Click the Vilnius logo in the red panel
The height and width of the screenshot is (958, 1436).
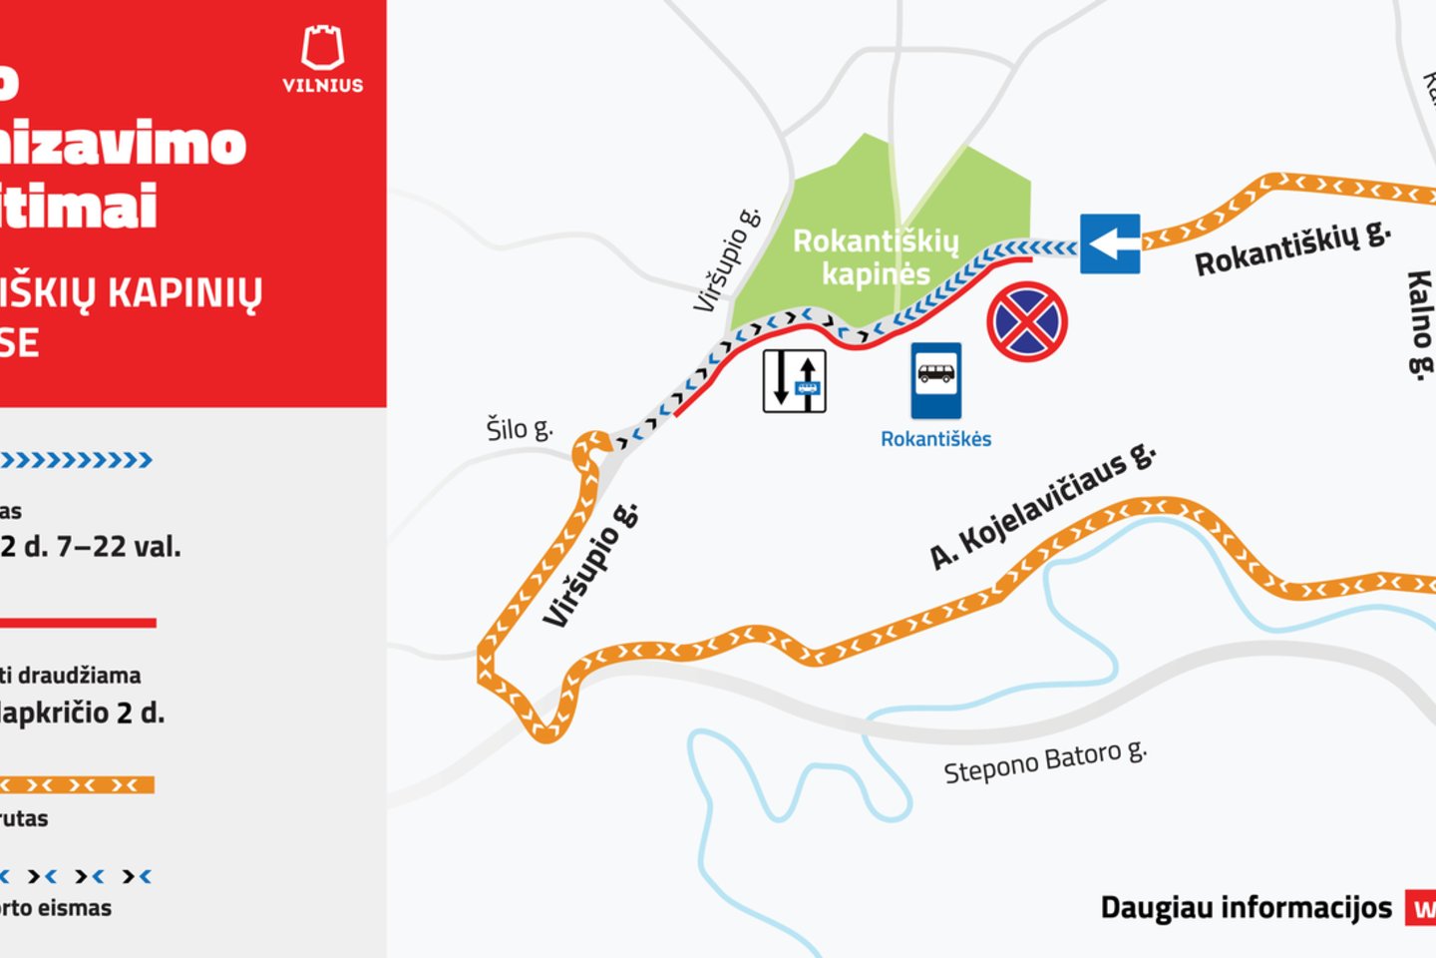(x=322, y=59)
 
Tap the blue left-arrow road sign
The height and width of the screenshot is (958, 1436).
(x=1110, y=243)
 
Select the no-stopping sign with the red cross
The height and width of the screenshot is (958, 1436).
(x=1027, y=322)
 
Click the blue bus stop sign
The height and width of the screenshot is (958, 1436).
(x=935, y=380)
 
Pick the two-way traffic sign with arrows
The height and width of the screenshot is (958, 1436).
(x=795, y=380)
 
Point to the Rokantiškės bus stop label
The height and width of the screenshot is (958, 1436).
(x=935, y=439)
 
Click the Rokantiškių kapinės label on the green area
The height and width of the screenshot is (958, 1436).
(x=876, y=257)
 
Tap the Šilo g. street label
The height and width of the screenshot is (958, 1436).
(x=519, y=429)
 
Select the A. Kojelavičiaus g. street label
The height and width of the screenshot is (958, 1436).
(x=1042, y=506)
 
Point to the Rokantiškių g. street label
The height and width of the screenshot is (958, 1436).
(x=1292, y=248)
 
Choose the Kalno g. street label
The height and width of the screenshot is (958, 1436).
(x=1419, y=323)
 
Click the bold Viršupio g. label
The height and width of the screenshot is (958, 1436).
(x=590, y=567)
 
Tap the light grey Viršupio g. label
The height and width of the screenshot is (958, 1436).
(x=727, y=260)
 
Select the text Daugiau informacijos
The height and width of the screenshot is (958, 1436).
(x=1246, y=907)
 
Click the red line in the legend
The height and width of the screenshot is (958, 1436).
(x=78, y=623)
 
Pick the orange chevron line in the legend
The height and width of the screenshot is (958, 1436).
(x=78, y=785)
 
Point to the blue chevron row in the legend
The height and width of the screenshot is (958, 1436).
(x=76, y=460)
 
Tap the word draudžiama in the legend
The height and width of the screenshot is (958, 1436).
(x=80, y=676)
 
